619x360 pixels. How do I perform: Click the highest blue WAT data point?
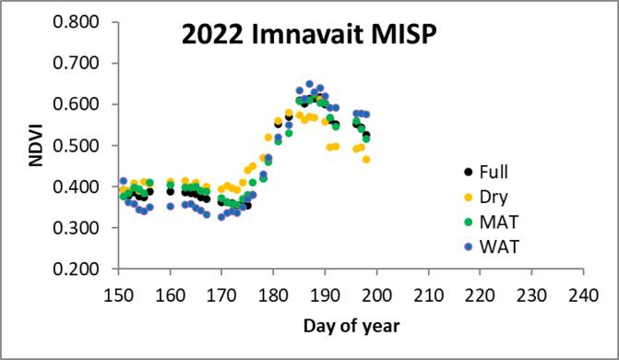click(x=310, y=85)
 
